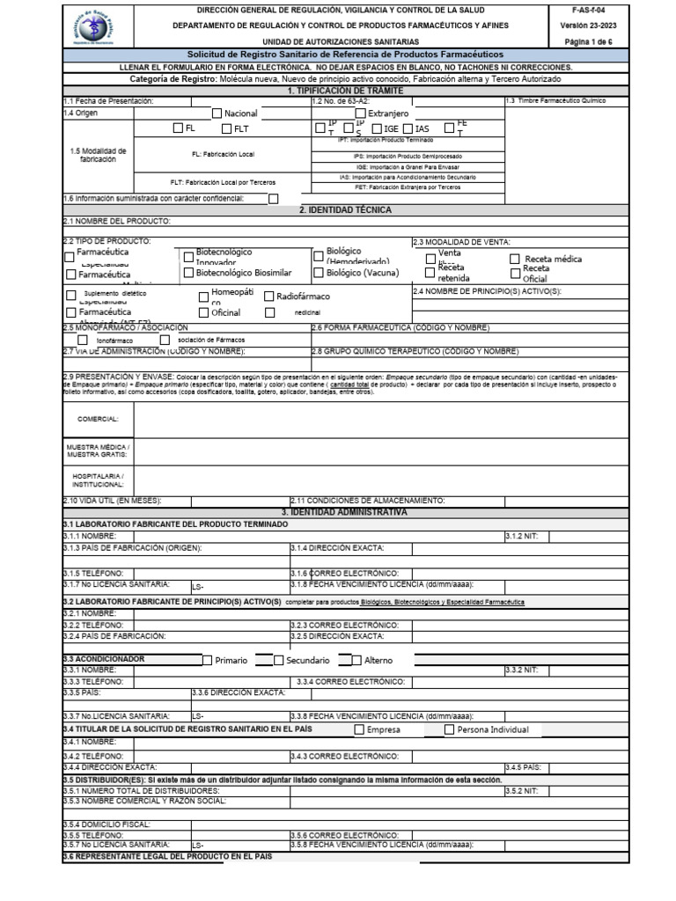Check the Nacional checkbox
point(217,114)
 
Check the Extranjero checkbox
point(360,114)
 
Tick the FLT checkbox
point(226,128)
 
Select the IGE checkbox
point(376,128)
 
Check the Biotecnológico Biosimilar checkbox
point(188,274)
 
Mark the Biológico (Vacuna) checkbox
point(319,274)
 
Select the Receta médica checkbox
point(514,259)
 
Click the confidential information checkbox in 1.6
point(273,199)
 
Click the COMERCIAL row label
point(98,419)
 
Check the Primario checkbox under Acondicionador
point(208,660)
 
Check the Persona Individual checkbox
point(449,729)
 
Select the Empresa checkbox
point(359,729)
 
